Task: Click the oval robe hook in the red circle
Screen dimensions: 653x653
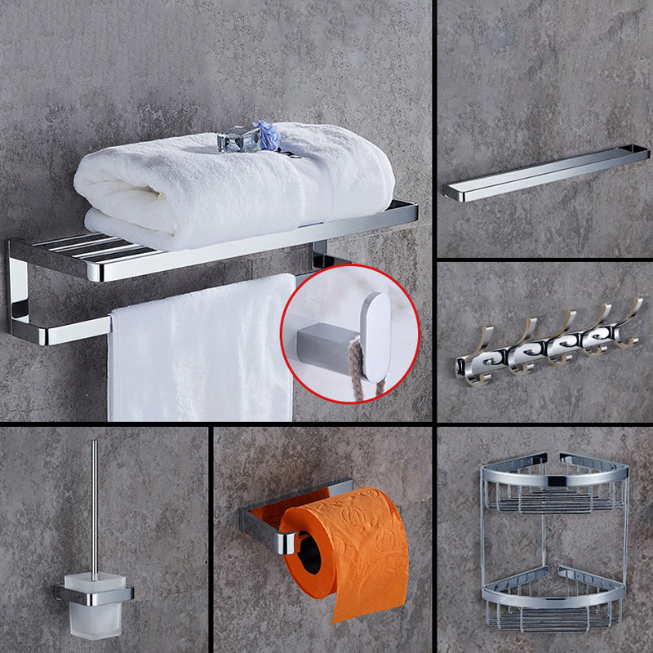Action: pos(375,335)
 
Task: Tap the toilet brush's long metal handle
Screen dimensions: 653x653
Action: pos(95,506)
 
